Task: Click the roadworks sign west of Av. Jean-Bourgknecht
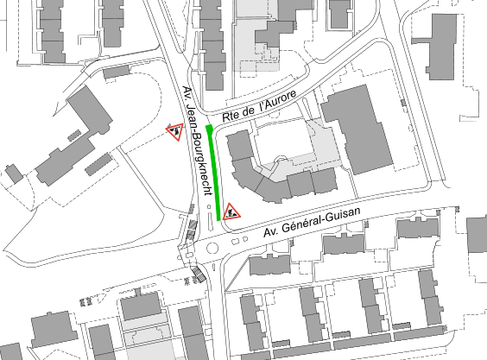coord(175,132)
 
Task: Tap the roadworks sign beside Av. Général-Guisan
coord(232,211)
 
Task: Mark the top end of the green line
coord(208,127)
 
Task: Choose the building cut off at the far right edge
coord(477,232)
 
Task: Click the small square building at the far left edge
coord(13,173)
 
